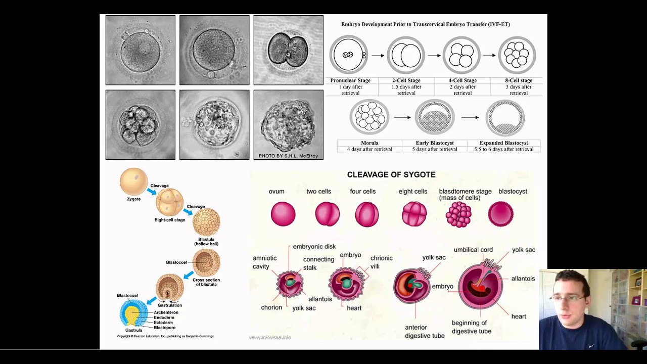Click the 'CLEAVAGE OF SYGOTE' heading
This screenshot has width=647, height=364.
click(x=391, y=175)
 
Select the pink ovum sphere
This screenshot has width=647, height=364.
click(x=283, y=213)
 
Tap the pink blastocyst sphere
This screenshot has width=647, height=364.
click(x=500, y=213)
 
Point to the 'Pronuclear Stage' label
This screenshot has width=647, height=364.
click(x=350, y=80)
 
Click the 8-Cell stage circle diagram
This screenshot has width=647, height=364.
click(x=517, y=55)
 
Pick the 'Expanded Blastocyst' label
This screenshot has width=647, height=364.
click(x=503, y=143)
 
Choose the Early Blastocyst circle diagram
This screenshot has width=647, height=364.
click(x=434, y=117)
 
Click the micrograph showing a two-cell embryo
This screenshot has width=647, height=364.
click(x=288, y=50)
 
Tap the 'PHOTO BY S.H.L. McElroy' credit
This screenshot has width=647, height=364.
click(x=288, y=156)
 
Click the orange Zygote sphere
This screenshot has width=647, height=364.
click(x=133, y=181)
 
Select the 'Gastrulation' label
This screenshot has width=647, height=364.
click(x=169, y=305)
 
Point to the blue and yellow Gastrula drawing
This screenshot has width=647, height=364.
click(x=133, y=313)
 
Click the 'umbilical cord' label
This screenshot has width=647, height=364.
click(x=473, y=250)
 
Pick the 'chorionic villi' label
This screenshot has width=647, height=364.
click(x=382, y=262)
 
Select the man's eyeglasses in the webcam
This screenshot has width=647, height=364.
click(x=569, y=299)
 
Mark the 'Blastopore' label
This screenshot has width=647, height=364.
click(x=164, y=328)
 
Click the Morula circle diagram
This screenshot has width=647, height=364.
click(x=369, y=117)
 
